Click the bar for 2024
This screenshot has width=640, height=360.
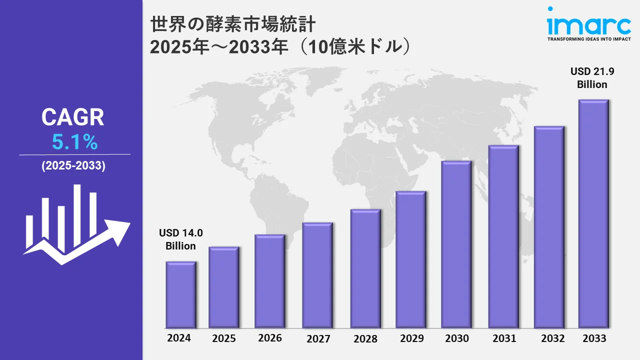180,294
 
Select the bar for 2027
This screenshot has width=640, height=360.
317,275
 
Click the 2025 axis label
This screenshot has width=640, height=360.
224,338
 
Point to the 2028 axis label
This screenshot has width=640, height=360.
365,338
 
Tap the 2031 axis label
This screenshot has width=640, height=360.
504,338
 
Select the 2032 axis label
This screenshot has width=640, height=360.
553,338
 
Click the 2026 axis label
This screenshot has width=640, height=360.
270,338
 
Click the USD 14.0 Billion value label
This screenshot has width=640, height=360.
181,239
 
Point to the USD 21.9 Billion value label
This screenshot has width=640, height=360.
592,78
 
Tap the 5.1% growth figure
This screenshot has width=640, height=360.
74,143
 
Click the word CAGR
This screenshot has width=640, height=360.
73,118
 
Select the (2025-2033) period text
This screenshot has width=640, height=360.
73,166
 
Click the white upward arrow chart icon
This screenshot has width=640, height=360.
75,225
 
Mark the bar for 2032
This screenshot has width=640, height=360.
549,227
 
